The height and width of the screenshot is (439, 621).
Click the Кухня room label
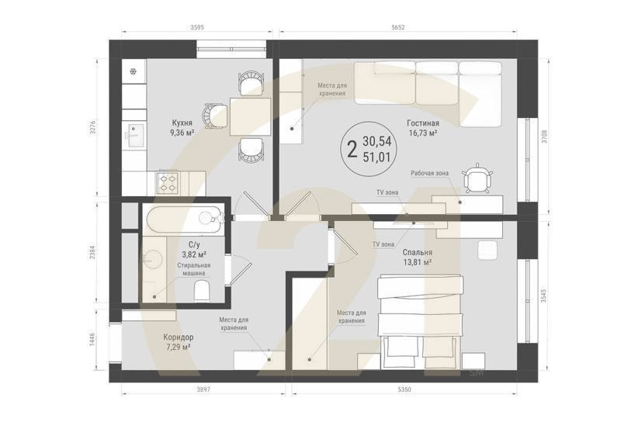(x=182, y=123)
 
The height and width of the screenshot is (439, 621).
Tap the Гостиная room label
(x=423, y=123)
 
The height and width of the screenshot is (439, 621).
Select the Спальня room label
(x=418, y=252)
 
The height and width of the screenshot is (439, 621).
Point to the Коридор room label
(x=179, y=337)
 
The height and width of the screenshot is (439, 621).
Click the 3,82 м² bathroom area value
(x=194, y=254)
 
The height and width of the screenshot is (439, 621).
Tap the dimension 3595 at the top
(x=197, y=27)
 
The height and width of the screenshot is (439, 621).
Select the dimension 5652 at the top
(x=398, y=27)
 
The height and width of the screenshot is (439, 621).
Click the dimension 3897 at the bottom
(x=203, y=389)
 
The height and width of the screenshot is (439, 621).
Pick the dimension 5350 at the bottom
(x=404, y=389)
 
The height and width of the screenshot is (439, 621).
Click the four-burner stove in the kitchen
(x=168, y=183)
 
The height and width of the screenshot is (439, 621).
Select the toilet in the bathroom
(x=202, y=292)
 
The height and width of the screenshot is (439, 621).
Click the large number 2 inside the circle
(x=352, y=150)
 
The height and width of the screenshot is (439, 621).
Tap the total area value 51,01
(x=376, y=157)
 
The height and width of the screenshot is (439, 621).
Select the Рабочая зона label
(x=430, y=174)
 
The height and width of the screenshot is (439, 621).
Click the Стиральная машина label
(x=193, y=269)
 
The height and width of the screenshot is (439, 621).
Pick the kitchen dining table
(x=250, y=117)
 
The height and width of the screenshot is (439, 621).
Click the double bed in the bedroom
(x=420, y=322)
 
